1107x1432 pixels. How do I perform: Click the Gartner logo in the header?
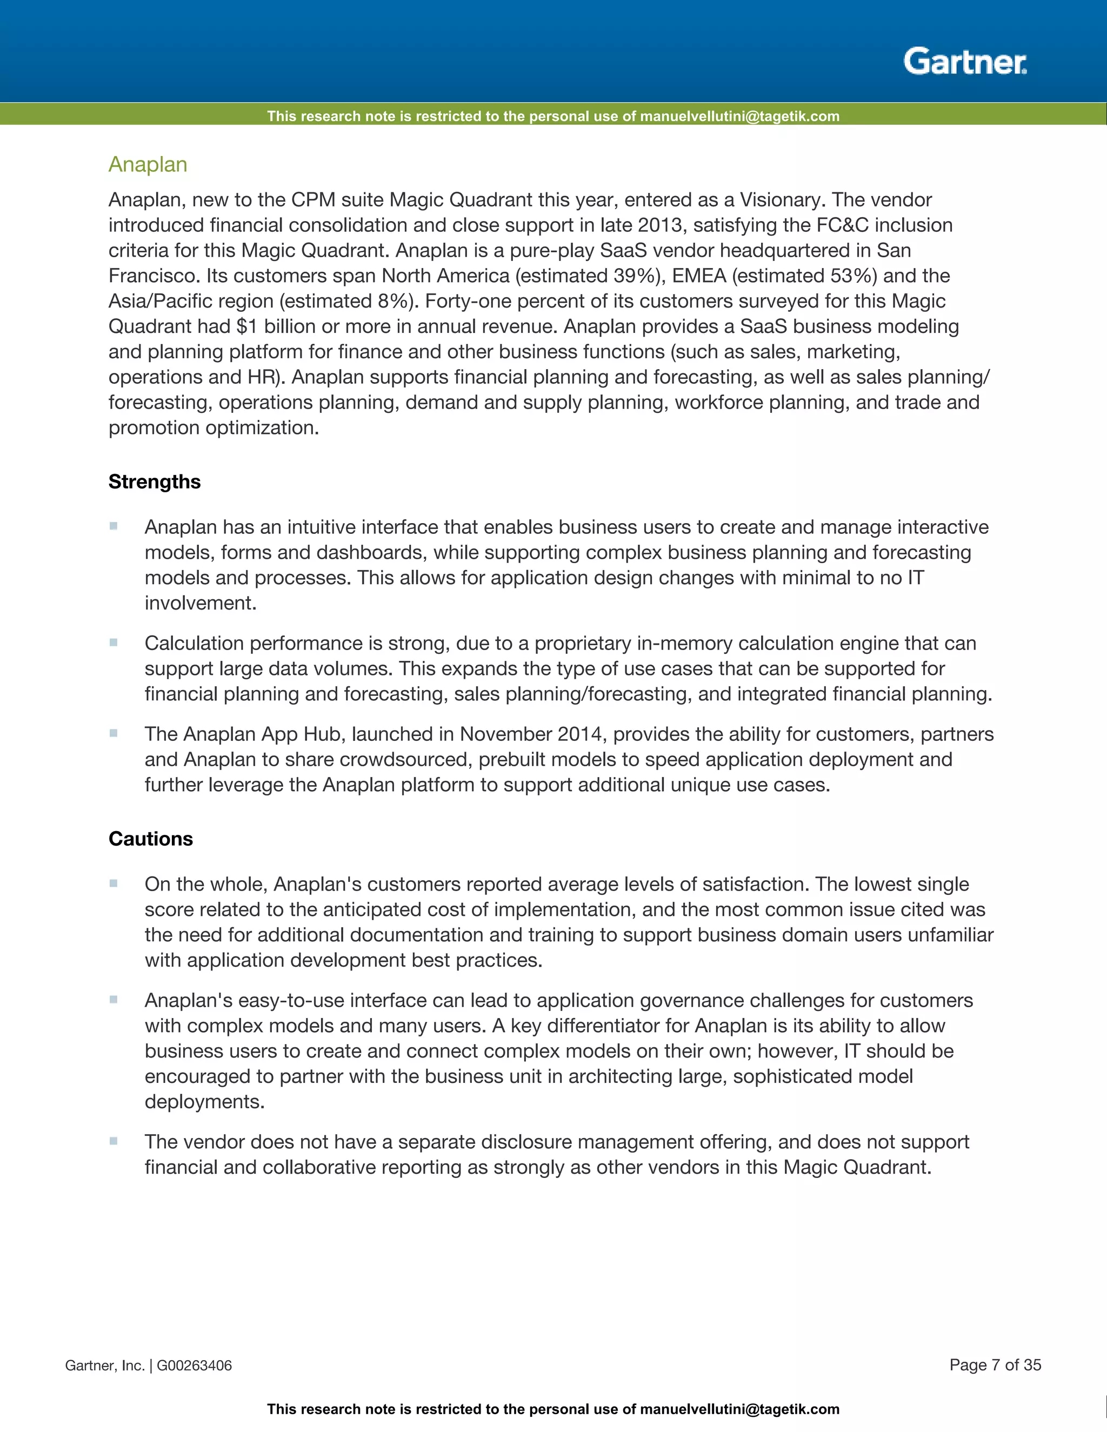(x=965, y=62)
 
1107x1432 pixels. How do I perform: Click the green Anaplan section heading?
(x=148, y=165)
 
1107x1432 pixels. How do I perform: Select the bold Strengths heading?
(x=154, y=482)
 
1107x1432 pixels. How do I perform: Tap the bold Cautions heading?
(x=150, y=839)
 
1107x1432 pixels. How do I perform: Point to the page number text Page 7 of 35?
(x=995, y=1365)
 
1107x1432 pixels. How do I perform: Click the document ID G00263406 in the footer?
(x=194, y=1366)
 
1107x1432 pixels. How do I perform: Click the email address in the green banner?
(x=739, y=116)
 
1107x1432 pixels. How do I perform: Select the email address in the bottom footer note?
(x=739, y=1410)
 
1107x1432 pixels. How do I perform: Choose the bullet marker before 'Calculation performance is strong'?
(x=114, y=643)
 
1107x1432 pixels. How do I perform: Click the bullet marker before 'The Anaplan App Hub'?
(x=114, y=733)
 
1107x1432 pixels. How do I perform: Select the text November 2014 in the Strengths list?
(x=531, y=734)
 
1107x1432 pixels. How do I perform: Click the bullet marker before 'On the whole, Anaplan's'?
(x=114, y=883)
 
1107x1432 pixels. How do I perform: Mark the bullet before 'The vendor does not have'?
(x=114, y=1141)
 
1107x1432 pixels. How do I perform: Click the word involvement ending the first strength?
(x=199, y=603)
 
